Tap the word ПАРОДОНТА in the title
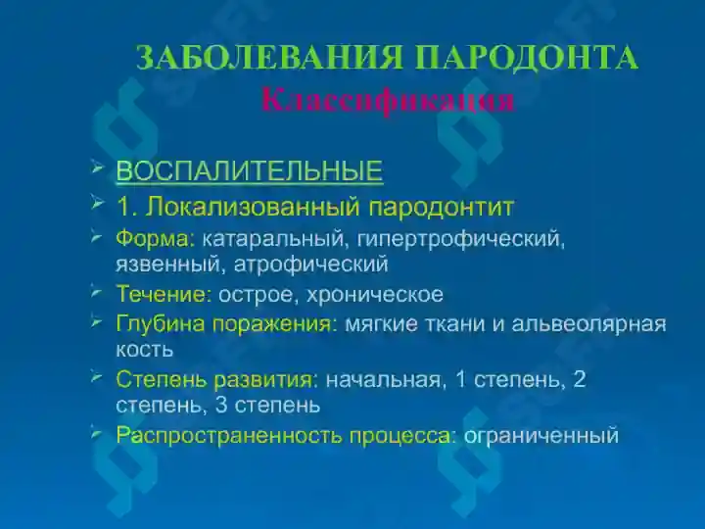pyautogui.click(x=527, y=58)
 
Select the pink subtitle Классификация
pyautogui.click(x=388, y=99)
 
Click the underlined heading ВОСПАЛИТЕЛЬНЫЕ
pyautogui.click(x=249, y=171)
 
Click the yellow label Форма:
pyautogui.click(x=156, y=238)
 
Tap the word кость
pyautogui.click(x=144, y=348)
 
